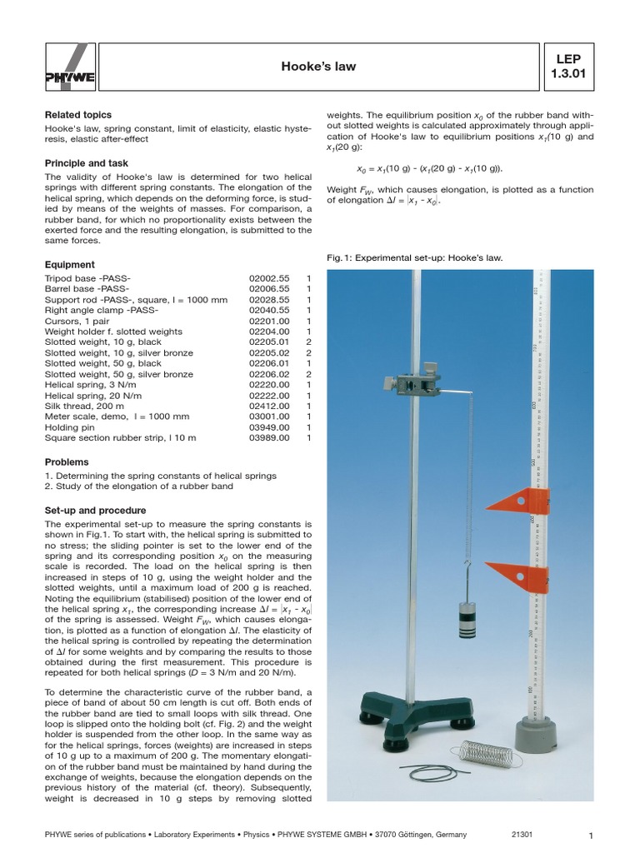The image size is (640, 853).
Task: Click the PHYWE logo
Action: point(63,66)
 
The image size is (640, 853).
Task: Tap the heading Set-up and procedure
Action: point(96,510)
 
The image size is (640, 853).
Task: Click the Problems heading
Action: point(67,461)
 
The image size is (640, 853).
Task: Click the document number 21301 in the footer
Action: point(522,835)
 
